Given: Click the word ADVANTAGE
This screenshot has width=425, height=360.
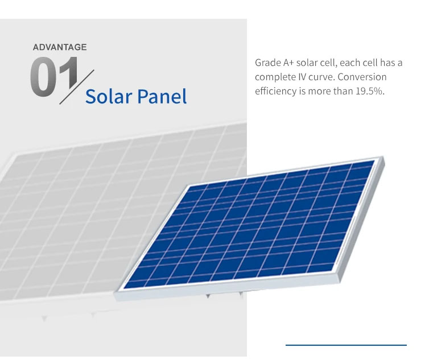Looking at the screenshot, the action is pos(60,47).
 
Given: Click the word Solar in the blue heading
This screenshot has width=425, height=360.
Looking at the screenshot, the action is pos(109,97).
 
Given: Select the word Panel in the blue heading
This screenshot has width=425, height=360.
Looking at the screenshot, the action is pos(162,97).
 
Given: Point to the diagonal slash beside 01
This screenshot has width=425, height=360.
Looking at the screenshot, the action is pos(77,87).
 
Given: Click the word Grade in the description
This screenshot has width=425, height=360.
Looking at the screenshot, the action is pos(268,63).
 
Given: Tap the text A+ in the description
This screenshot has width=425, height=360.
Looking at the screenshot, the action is pos(288,63).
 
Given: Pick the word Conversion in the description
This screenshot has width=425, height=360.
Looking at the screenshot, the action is pos(362,77).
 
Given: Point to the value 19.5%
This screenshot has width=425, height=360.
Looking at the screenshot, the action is pos(370,92).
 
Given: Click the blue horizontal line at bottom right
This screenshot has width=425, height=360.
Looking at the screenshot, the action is pos(346,345).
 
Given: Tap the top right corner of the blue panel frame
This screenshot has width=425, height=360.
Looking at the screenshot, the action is pos(383,156).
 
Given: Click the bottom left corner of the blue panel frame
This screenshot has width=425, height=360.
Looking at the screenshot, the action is pos(115,292).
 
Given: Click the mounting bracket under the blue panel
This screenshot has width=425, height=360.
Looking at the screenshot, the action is pos(208,296).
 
